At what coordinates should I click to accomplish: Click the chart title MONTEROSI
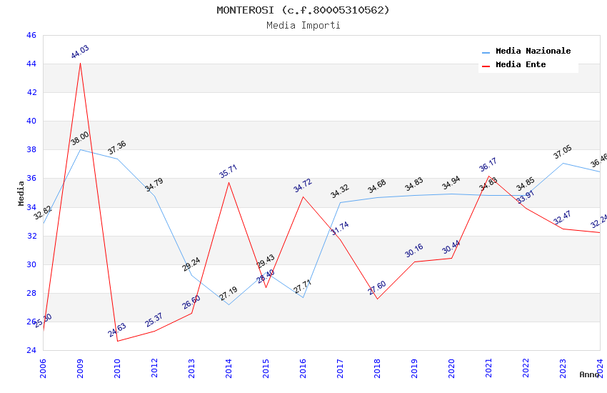[303, 10]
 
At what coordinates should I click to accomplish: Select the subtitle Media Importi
[303, 25]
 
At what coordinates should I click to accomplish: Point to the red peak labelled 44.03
[80, 63]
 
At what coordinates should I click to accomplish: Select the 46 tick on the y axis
[31, 35]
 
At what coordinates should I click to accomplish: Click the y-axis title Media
[21, 193]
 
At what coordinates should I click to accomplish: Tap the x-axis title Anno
[589, 374]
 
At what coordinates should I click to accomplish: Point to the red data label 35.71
[229, 171]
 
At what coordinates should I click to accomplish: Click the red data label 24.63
[117, 330]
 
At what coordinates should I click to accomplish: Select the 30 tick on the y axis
[31, 264]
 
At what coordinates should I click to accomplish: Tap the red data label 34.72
[303, 186]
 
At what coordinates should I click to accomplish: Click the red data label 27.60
[377, 288]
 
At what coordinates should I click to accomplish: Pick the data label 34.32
[340, 191]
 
